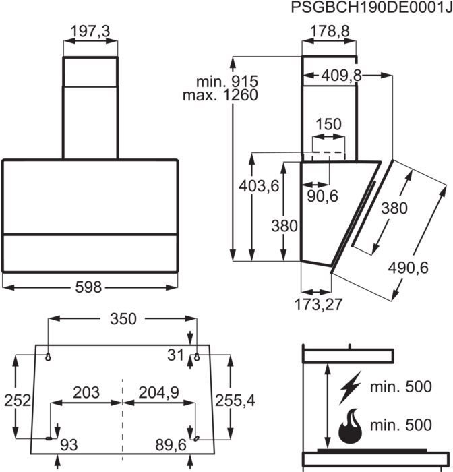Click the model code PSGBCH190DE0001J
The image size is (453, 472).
tap(371, 7)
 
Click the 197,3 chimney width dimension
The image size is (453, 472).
tap(90, 31)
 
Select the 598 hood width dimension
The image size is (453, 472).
tap(88, 287)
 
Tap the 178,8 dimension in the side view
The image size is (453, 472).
tap(330, 31)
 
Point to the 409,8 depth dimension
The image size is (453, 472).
tap(341, 75)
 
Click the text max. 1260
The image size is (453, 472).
tap(220, 95)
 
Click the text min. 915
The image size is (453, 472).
tap(227, 82)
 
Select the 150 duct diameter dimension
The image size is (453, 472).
tap(329, 124)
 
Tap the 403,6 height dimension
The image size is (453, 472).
tap(259, 185)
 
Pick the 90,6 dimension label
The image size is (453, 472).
tap(323, 196)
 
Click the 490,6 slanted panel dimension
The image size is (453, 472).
tap(408, 268)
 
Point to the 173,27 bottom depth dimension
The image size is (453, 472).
tap(318, 304)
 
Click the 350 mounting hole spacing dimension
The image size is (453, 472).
tap(123, 318)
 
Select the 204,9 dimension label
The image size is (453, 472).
tap(158, 392)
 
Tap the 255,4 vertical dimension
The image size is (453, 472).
tap(235, 401)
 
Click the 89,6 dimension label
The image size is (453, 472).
tap(171, 444)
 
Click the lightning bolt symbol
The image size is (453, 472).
tap(350, 388)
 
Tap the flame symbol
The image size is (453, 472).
tap(350, 425)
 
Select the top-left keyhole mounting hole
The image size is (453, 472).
tap(48, 357)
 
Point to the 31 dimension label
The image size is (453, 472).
tap(175, 355)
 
